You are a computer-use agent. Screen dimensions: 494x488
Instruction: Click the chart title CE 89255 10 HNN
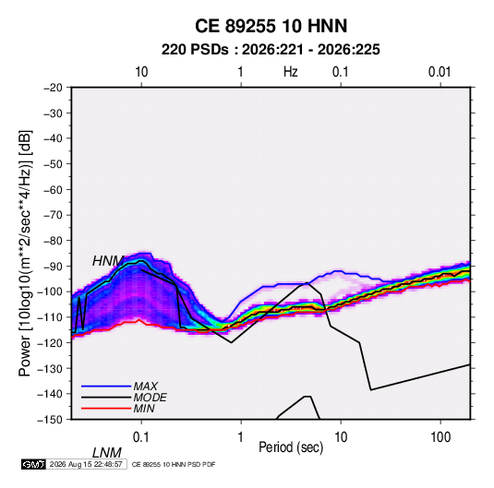click(271, 26)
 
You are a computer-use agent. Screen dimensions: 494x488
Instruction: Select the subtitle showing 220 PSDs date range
click(271, 50)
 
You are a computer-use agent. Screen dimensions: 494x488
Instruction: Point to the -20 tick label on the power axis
click(53, 88)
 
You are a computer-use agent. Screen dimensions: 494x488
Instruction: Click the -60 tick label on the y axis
click(53, 189)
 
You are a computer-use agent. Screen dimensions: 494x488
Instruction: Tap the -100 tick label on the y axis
click(51, 292)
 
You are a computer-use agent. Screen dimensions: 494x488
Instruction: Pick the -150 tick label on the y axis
click(51, 420)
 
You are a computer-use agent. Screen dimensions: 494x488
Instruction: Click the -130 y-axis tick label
click(51, 368)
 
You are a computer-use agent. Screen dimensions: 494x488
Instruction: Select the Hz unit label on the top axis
click(291, 72)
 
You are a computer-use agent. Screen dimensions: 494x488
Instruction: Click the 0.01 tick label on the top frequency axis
click(440, 72)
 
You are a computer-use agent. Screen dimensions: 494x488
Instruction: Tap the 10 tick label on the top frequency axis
click(141, 72)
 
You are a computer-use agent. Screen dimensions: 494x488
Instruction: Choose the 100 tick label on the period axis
click(440, 437)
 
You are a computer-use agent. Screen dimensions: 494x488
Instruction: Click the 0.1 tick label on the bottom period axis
click(141, 437)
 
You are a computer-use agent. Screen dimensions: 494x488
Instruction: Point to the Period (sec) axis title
click(291, 447)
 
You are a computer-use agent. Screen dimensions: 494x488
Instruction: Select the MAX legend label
click(145, 386)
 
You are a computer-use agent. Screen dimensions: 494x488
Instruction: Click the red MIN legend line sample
click(106, 409)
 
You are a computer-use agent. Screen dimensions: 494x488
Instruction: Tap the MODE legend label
click(150, 398)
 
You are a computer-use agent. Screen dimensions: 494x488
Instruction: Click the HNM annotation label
click(108, 261)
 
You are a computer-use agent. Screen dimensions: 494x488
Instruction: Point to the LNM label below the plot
click(107, 453)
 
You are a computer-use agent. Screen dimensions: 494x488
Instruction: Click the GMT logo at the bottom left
click(33, 464)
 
